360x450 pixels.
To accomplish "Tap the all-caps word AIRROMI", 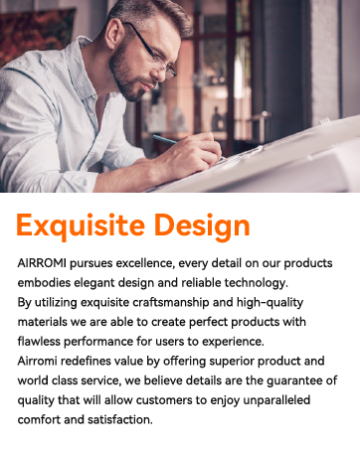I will coord(43,265).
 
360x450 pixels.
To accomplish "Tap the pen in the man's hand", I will coord(170,141).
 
